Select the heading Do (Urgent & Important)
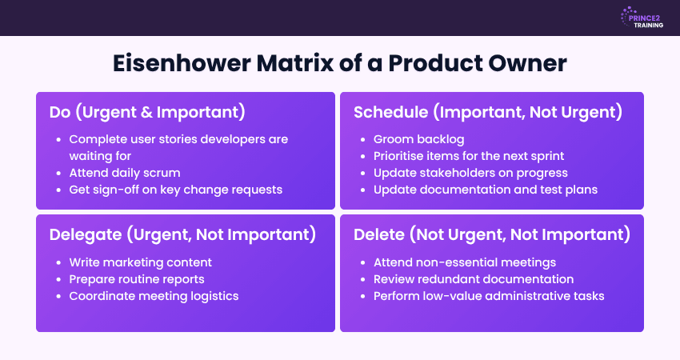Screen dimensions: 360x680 coord(147,111)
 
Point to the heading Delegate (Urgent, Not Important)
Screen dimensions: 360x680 coord(182,234)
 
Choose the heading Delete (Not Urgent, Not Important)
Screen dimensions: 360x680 coord(491,234)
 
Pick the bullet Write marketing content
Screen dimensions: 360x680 coord(141,262)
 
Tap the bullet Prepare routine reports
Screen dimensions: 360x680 coord(137,279)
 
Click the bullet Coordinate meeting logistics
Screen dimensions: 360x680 coord(154,296)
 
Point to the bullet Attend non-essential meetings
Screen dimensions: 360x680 coord(465,262)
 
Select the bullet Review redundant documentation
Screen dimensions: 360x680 coord(474,279)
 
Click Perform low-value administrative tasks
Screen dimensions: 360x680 coord(489,296)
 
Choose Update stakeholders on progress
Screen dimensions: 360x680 coord(470,173)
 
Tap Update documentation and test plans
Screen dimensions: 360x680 coord(485,190)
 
